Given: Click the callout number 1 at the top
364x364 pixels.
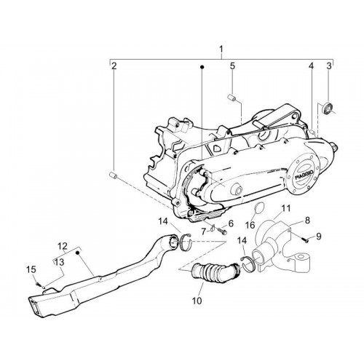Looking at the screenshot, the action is click(x=221, y=50).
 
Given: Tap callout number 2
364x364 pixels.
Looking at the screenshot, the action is click(x=114, y=66).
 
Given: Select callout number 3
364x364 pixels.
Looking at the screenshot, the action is click(x=329, y=66).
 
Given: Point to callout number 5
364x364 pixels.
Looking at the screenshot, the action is click(x=232, y=66).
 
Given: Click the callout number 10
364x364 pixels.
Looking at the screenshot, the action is click(x=197, y=301).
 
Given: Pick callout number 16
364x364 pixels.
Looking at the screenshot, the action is click(x=250, y=225).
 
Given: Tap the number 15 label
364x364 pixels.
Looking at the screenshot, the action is click(x=31, y=269).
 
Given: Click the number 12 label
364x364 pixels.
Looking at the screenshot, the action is click(x=63, y=246).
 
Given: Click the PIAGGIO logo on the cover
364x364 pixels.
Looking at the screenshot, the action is click(x=304, y=174).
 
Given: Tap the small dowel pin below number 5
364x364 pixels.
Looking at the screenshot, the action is click(x=231, y=98).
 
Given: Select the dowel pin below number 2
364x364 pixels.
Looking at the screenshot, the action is click(x=113, y=175).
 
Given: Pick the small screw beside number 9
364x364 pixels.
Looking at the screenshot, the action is click(x=305, y=240).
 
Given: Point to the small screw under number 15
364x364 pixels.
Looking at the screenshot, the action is click(x=38, y=283).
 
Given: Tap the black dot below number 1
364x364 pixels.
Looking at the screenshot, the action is click(x=202, y=67).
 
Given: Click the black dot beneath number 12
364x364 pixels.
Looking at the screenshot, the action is click(x=78, y=253).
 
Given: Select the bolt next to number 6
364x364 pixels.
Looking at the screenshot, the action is click(x=222, y=231).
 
